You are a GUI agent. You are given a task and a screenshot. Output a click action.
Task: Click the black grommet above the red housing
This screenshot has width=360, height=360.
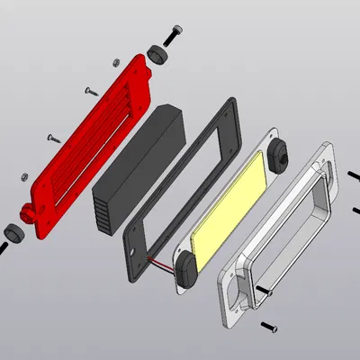158,54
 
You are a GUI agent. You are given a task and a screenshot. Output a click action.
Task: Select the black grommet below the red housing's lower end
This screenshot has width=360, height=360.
13,231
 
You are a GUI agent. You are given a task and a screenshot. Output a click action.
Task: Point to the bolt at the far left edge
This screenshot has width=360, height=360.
3,247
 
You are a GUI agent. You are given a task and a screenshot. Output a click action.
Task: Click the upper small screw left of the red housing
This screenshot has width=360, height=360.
91,90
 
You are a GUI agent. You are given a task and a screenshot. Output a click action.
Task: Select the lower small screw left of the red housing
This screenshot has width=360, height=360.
50,138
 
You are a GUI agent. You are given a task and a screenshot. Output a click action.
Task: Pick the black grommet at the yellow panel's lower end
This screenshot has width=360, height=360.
187,267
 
